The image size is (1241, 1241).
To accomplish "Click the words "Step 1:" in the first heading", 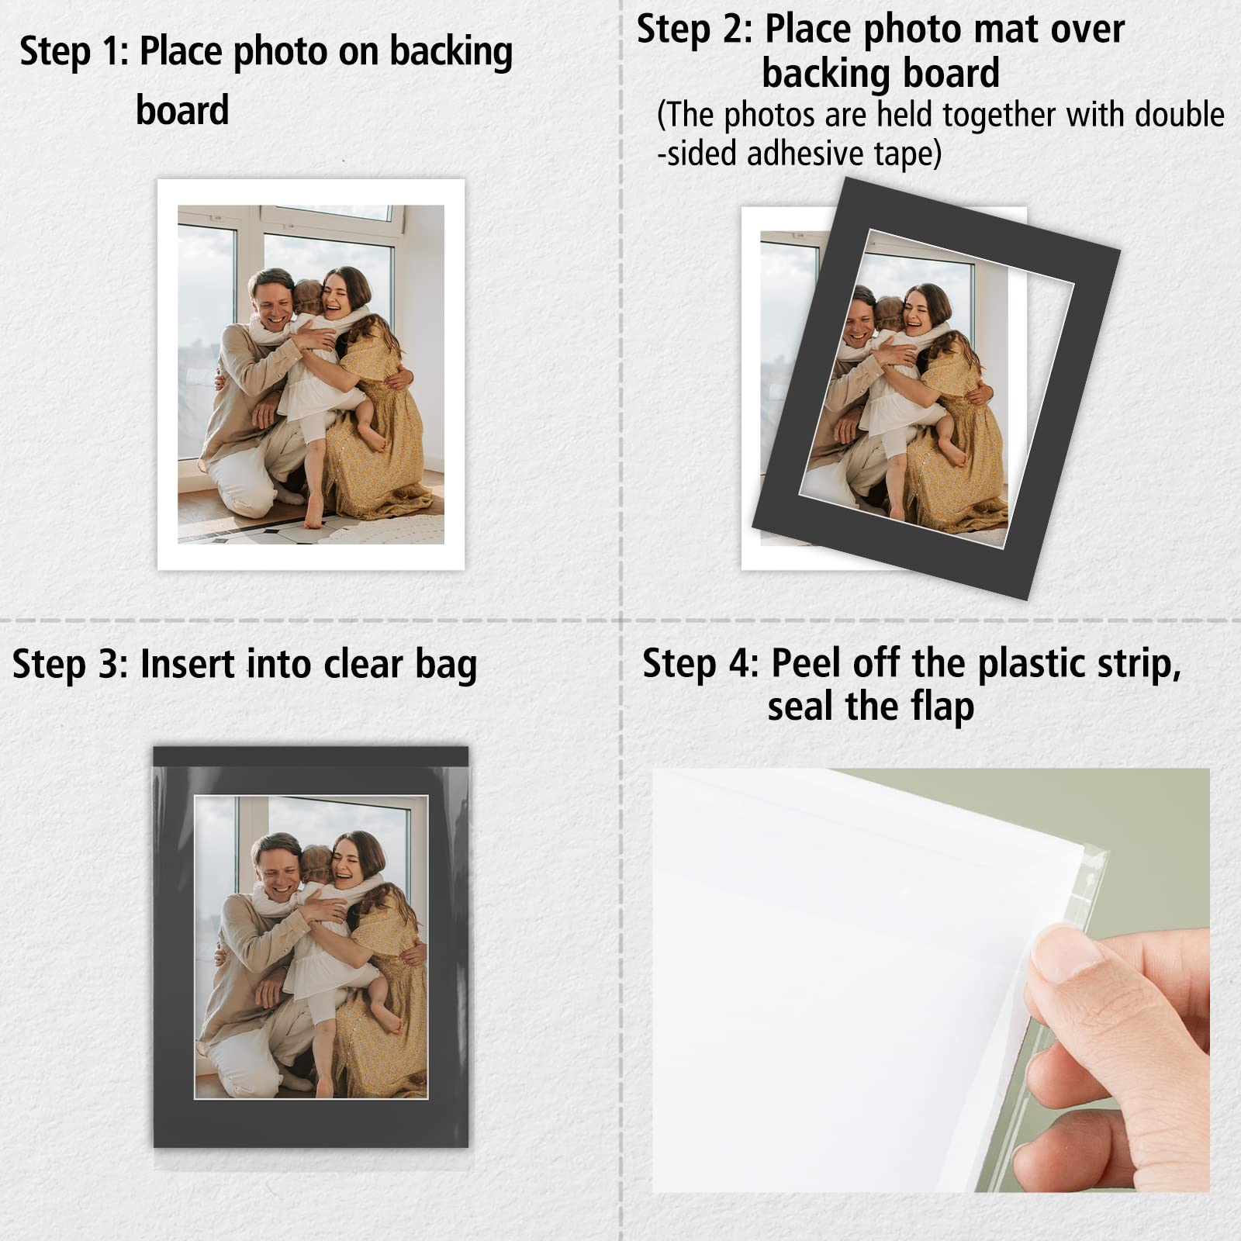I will tap(74, 53).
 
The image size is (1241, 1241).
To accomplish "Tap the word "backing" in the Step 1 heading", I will tap(451, 53).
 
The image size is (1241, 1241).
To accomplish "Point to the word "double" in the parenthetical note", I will tap(1179, 115).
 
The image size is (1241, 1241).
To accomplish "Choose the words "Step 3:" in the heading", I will tap(69, 665).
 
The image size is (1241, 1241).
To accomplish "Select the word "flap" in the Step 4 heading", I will tap(942, 707).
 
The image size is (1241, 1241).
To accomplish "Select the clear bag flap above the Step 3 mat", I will tap(310, 756).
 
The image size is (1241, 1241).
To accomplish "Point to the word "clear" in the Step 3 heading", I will tap(363, 665).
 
